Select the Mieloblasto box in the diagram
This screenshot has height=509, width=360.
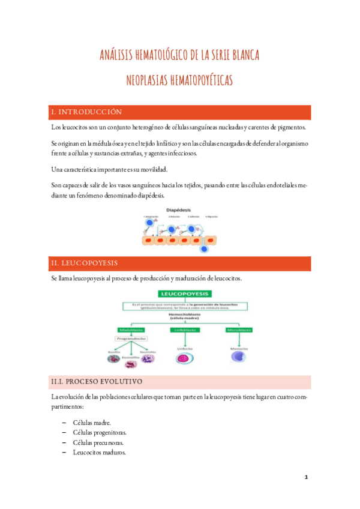[130, 330]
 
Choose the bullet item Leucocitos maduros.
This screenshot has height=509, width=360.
[99, 453]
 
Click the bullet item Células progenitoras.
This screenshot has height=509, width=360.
[99, 432]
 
